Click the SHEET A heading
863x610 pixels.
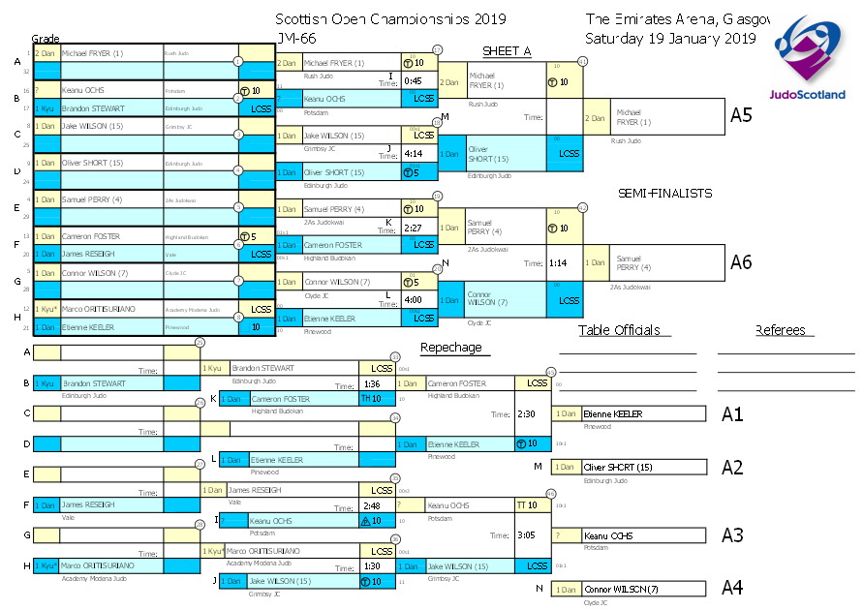click(x=507, y=51)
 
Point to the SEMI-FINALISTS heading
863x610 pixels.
click(x=664, y=194)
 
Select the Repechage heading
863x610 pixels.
click(x=450, y=348)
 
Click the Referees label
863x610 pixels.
click(x=780, y=330)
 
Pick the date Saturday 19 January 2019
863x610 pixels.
click(x=669, y=38)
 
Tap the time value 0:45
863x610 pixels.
click(x=413, y=80)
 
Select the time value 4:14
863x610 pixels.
click(x=413, y=153)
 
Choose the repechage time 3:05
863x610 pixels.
click(x=527, y=534)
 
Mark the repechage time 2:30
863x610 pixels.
click(x=527, y=413)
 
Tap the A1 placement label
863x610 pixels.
click(x=732, y=414)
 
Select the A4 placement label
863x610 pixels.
click(x=732, y=588)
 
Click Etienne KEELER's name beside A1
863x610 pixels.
click(x=612, y=414)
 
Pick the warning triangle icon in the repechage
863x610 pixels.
click(x=365, y=521)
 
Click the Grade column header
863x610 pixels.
click(x=46, y=38)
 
